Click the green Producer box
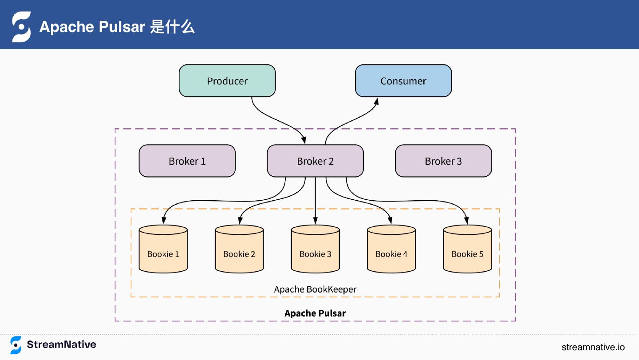(x=227, y=81)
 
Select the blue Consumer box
(x=403, y=81)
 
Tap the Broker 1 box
(x=187, y=161)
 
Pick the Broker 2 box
(x=315, y=161)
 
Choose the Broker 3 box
(x=443, y=161)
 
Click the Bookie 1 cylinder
(x=163, y=249)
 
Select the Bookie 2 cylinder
(x=239, y=249)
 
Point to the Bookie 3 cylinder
(x=315, y=249)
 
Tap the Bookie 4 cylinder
(x=391, y=249)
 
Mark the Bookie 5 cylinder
(x=467, y=249)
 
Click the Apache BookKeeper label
(x=315, y=289)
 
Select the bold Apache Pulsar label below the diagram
(x=315, y=313)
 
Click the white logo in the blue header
(x=21, y=27)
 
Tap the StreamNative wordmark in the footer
(x=62, y=344)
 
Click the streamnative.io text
(x=593, y=347)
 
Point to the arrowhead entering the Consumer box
(x=377, y=102)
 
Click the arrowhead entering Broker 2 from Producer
(x=304, y=140)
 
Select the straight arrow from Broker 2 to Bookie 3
(x=315, y=201)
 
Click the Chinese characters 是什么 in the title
(x=172, y=27)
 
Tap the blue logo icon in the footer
(x=16, y=345)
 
